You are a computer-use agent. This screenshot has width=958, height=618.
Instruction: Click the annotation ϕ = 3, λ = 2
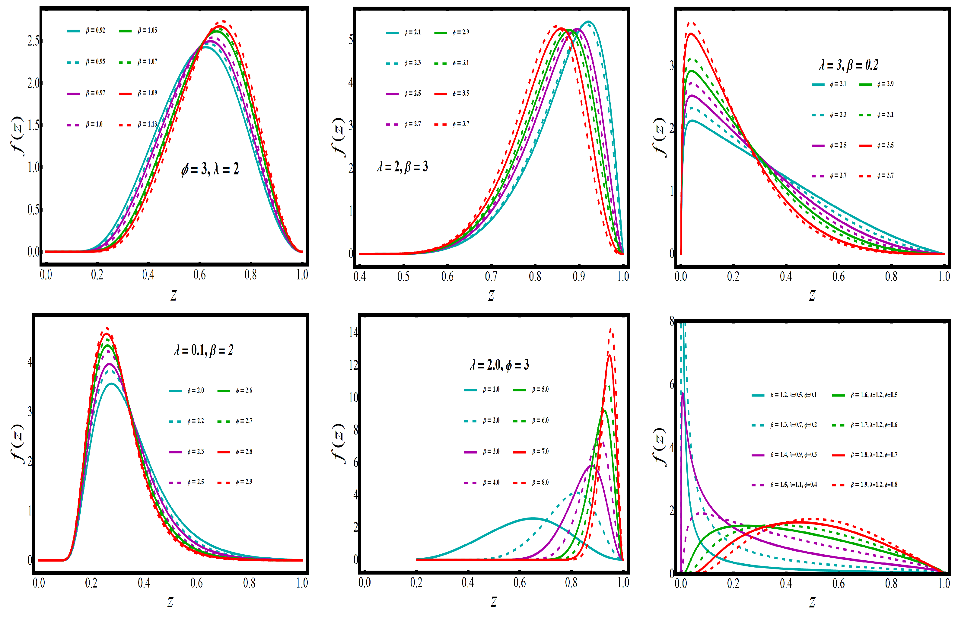pyautogui.click(x=210, y=169)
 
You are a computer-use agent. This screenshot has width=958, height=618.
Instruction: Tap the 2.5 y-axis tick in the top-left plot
pyautogui.click(x=33, y=40)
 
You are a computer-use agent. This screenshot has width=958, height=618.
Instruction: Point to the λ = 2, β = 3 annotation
pyautogui.click(x=403, y=166)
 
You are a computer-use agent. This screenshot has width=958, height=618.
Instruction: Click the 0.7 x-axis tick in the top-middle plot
pyautogui.click(x=491, y=276)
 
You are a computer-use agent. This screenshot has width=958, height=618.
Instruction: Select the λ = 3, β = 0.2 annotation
pyautogui.click(x=848, y=65)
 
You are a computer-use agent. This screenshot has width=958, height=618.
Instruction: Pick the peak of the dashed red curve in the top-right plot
pyautogui.click(x=691, y=23)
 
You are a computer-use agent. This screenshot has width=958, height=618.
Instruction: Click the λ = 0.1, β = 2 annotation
pyautogui.click(x=204, y=350)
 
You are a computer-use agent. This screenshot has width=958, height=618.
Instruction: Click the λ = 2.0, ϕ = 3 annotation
pyautogui.click(x=499, y=365)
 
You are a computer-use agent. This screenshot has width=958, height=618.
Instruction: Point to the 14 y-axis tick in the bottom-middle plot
pyautogui.click(x=353, y=332)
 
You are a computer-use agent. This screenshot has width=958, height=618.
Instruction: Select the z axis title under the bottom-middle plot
pyautogui.click(x=493, y=601)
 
